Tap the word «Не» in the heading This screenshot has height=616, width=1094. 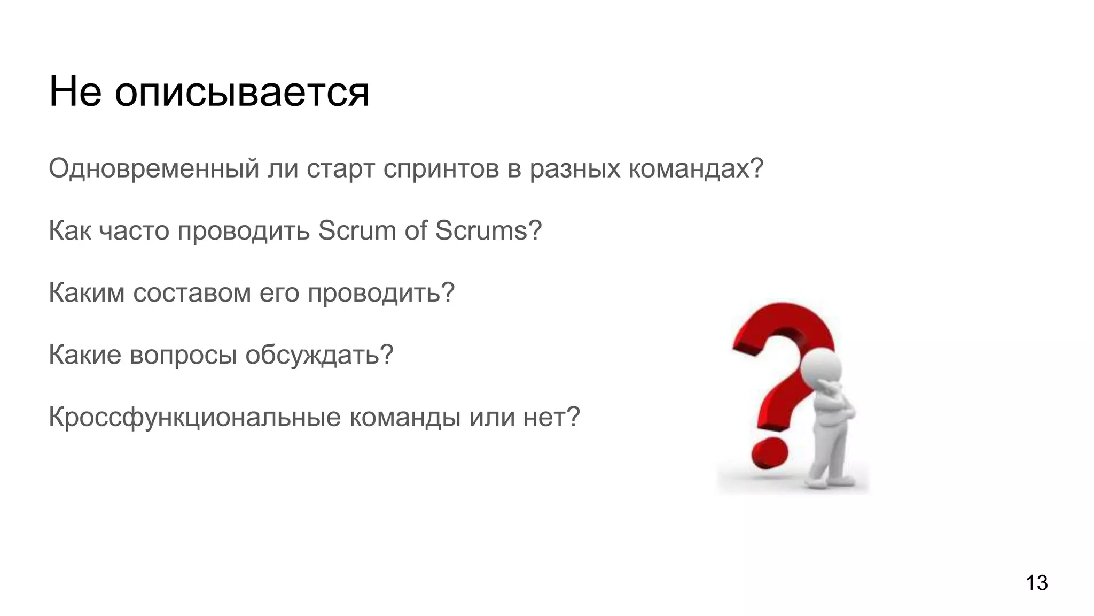click(x=75, y=92)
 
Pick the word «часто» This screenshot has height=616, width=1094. click(x=134, y=231)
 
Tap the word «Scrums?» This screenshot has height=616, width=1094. click(x=488, y=230)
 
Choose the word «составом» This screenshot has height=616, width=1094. click(x=192, y=293)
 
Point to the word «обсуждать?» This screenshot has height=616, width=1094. click(x=319, y=355)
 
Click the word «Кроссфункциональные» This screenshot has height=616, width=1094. click(x=194, y=417)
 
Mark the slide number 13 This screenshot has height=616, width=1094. click(x=1036, y=583)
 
